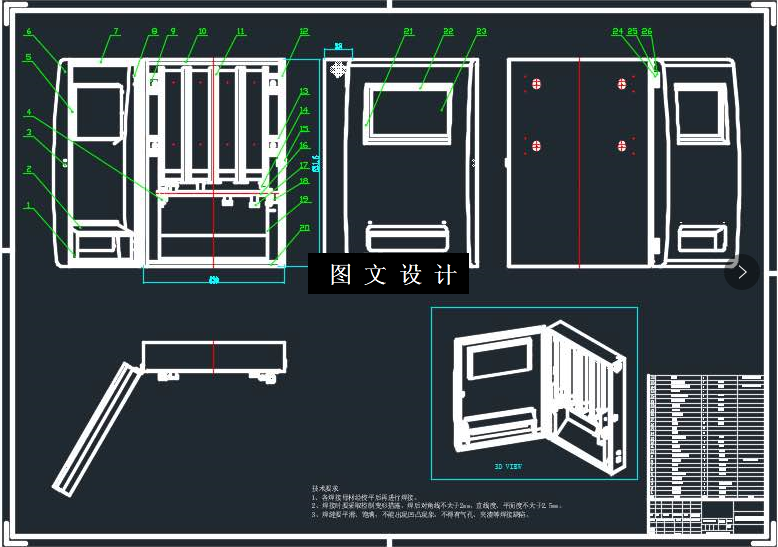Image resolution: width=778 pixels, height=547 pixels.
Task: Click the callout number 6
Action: tap(29, 32)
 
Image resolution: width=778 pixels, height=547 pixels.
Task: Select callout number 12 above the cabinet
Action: tap(304, 32)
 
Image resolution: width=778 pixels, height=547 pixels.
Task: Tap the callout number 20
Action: tap(304, 227)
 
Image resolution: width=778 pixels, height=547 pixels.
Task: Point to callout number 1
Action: tap(29, 206)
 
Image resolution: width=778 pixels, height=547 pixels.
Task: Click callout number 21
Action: tap(408, 32)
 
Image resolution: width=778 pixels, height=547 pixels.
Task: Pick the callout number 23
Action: tap(481, 32)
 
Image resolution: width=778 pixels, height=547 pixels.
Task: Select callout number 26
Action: tap(647, 32)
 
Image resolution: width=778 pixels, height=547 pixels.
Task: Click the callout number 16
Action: tap(304, 145)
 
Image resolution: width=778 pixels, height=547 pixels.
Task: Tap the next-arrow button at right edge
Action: tap(742, 272)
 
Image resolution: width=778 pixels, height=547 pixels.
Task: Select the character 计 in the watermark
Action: tap(446, 275)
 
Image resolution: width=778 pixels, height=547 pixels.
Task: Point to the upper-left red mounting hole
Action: tap(537, 84)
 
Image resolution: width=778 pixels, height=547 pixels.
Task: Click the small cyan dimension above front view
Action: tap(338, 47)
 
